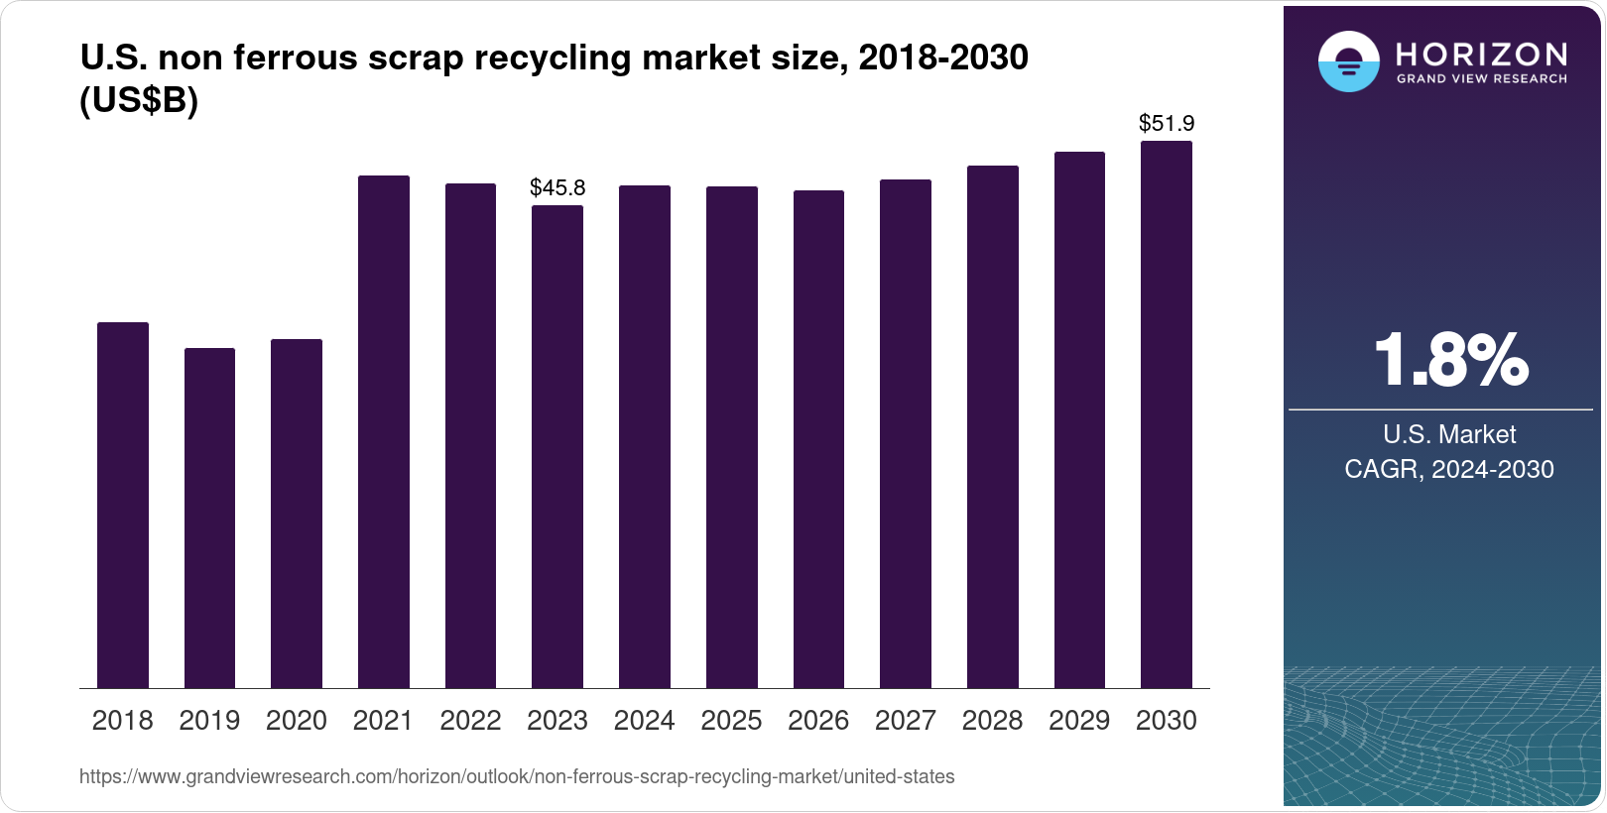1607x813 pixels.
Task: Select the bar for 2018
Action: coord(123,506)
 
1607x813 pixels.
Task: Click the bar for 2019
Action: coord(209,519)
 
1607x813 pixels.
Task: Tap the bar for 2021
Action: coord(384,432)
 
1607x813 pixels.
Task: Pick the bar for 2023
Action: coord(557,447)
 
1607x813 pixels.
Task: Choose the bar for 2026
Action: coord(818,439)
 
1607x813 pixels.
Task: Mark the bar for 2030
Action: coord(1167,414)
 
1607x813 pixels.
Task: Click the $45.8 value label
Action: coord(557,187)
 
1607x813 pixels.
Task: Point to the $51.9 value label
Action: coord(1167,124)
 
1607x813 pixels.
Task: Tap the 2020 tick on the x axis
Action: coord(297,721)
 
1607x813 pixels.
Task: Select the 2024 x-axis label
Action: coord(644,721)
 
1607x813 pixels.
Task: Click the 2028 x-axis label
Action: coord(992,721)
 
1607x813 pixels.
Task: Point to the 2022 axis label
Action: coord(470,721)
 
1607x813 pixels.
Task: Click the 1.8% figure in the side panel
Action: coord(1451,361)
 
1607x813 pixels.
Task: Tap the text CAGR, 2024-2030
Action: coord(1448,469)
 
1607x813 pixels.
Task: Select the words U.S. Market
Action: coord(1448,434)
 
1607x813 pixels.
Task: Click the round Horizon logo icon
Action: coord(1348,61)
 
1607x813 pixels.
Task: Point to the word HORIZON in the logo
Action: coord(1481,54)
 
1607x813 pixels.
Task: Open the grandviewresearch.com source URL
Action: coord(517,777)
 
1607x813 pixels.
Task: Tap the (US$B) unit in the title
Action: coord(139,101)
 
